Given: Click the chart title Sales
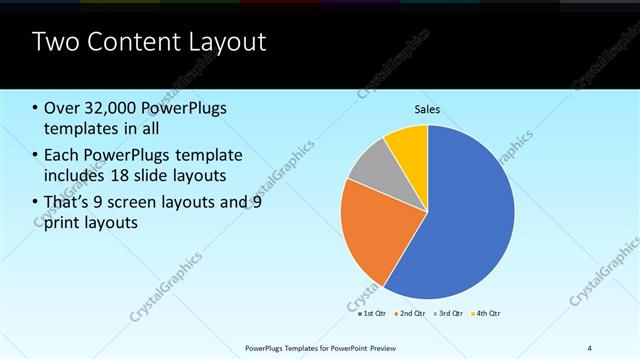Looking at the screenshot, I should [428, 110].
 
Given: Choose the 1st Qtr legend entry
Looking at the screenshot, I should [373, 314].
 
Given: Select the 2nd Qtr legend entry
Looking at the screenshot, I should [410, 314].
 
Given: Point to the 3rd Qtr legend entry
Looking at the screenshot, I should [447, 314].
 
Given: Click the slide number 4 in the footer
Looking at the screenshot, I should [589, 348].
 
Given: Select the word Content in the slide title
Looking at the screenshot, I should [127, 42].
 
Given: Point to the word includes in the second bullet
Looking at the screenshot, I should [76, 175].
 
